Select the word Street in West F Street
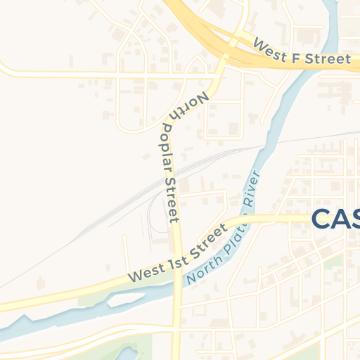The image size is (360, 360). (x=325, y=58)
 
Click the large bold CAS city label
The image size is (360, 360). (x=335, y=219)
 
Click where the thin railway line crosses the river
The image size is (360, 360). (x=266, y=146)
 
